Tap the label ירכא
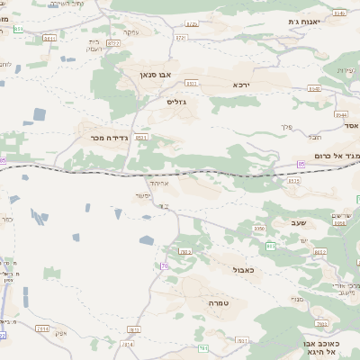coord(240,84)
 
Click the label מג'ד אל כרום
coord(333,156)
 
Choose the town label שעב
coord(298,222)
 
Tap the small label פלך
coord(288,126)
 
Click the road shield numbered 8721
coord(181,38)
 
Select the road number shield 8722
coord(113,42)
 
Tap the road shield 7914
coord(127,344)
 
